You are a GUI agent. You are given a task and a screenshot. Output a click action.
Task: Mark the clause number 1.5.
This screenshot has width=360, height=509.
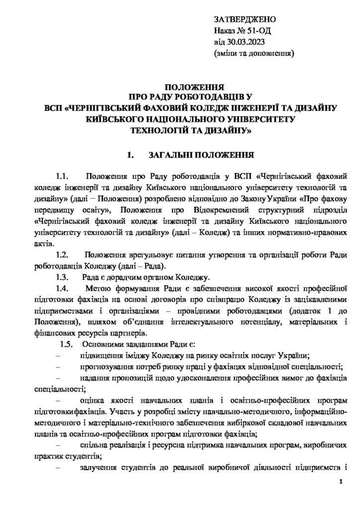[x=67, y=344]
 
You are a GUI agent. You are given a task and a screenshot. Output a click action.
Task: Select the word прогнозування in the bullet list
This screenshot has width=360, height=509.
[x=103, y=367]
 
